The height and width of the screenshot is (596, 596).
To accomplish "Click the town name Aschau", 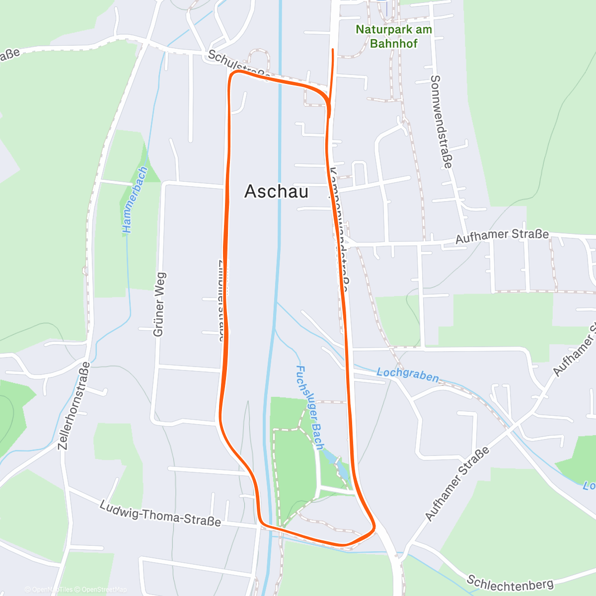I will (276, 192).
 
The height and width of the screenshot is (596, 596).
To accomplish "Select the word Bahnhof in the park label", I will (393, 43).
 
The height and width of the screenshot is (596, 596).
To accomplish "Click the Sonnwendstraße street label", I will (442, 121).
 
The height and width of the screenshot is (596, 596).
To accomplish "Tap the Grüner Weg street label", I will (159, 304).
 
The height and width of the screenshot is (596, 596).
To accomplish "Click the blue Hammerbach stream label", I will (135, 200).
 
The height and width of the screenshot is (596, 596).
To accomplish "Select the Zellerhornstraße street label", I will (74, 406).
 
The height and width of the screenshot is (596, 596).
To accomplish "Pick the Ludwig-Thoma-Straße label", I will (160, 514).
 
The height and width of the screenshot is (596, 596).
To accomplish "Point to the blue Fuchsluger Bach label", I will (309, 407).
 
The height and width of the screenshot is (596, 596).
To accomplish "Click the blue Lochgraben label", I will (407, 374).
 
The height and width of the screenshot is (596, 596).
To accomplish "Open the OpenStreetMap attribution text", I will (104, 590).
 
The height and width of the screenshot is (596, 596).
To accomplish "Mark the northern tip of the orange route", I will (332, 49).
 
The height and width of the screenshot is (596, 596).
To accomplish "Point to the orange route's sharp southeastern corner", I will (373, 528).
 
